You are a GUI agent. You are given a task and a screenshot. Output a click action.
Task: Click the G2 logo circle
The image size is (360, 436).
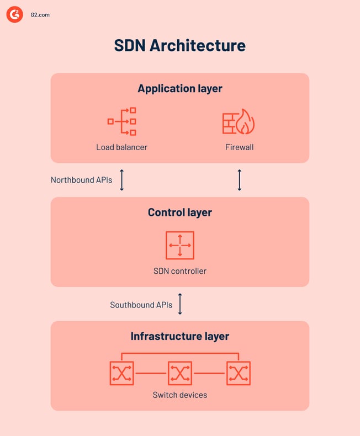click(x=15, y=14)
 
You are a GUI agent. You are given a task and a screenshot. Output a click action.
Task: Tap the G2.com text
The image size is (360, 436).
click(x=40, y=15)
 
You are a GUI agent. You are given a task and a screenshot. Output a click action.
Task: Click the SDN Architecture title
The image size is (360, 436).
click(x=180, y=45)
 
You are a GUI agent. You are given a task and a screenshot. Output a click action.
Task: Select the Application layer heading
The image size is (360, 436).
click(x=180, y=88)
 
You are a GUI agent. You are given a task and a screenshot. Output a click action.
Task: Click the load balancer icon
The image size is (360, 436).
click(x=122, y=121)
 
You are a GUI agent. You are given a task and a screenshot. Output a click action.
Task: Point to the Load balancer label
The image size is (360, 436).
click(x=122, y=147)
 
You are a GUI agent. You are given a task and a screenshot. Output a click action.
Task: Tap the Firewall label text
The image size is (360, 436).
click(x=240, y=147)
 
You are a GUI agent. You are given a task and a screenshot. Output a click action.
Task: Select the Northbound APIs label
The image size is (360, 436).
click(x=81, y=180)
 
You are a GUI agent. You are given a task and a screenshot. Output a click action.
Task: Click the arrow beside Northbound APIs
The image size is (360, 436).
click(x=122, y=180)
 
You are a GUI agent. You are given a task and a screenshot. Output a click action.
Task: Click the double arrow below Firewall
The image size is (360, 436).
click(x=240, y=180)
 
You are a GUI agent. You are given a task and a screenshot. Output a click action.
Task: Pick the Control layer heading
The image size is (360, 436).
click(x=180, y=212)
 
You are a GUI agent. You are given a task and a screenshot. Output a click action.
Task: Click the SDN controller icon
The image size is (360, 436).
click(x=180, y=245)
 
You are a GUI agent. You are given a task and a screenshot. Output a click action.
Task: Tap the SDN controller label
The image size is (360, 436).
click(x=180, y=271)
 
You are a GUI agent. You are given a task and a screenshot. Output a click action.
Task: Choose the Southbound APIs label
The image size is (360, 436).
click(x=141, y=305)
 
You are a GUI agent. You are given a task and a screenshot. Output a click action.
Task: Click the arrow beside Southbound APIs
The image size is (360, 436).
click(x=180, y=304)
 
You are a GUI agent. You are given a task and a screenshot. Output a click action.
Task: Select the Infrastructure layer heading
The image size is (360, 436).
click(x=180, y=336)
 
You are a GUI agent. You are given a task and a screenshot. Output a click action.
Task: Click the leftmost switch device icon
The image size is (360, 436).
click(x=121, y=373)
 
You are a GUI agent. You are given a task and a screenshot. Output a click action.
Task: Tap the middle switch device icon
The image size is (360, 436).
click(x=180, y=373)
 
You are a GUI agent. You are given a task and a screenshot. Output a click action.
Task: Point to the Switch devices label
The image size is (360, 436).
click(x=180, y=395)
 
